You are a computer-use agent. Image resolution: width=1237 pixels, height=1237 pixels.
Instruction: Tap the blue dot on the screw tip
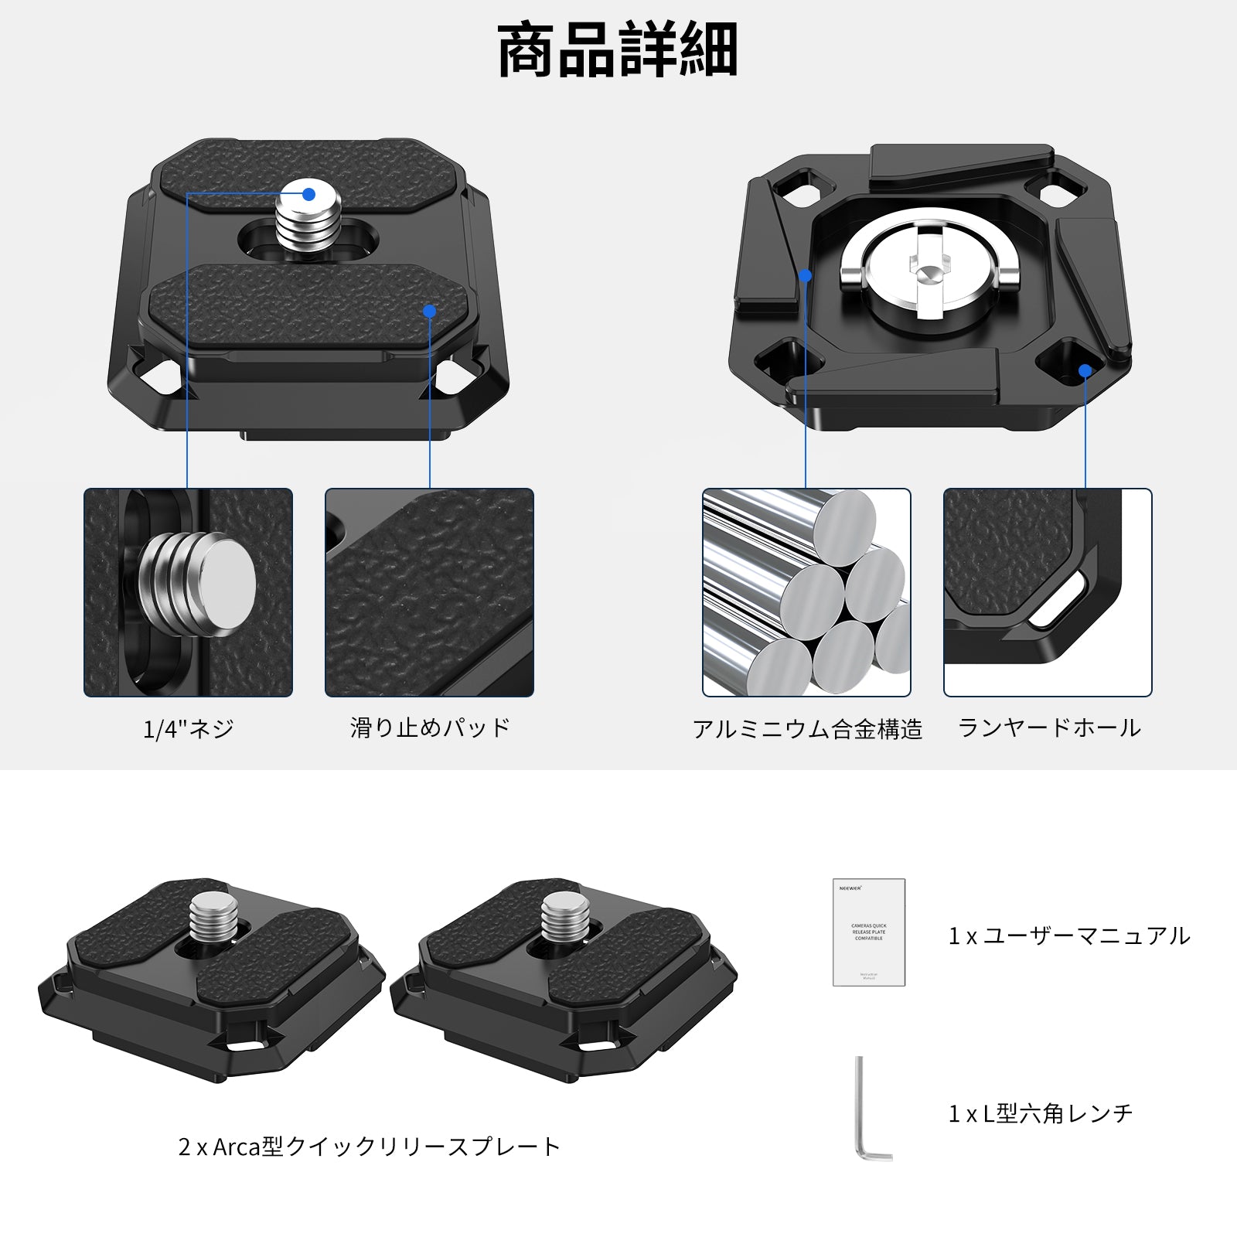tap(308, 194)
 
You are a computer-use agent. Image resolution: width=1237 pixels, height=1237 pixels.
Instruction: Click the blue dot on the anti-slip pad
tap(430, 311)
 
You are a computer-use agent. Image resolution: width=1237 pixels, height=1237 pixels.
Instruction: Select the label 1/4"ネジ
tap(188, 728)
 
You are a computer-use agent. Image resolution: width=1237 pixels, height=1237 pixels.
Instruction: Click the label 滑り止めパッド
tap(430, 728)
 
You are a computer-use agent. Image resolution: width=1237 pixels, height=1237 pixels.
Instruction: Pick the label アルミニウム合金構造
tap(806, 728)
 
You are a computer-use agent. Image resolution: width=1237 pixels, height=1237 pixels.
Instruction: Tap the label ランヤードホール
tap(1048, 728)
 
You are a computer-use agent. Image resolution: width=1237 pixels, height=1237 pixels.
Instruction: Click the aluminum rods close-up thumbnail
tap(806, 592)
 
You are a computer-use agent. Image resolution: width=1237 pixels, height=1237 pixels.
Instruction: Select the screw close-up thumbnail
tap(188, 592)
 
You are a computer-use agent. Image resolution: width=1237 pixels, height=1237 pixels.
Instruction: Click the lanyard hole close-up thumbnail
tap(1048, 592)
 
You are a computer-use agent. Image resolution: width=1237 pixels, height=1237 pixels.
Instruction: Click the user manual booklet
tap(868, 932)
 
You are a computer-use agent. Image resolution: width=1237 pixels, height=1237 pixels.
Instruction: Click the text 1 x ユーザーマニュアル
tap(1068, 936)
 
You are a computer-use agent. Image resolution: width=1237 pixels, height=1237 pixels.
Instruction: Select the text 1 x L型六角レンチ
tap(1040, 1113)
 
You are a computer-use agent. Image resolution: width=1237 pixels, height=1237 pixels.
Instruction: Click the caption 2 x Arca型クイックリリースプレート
tap(369, 1147)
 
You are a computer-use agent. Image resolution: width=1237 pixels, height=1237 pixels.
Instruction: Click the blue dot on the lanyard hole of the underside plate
tap(1085, 370)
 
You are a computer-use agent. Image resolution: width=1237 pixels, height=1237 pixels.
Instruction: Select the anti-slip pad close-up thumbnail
tap(430, 592)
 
